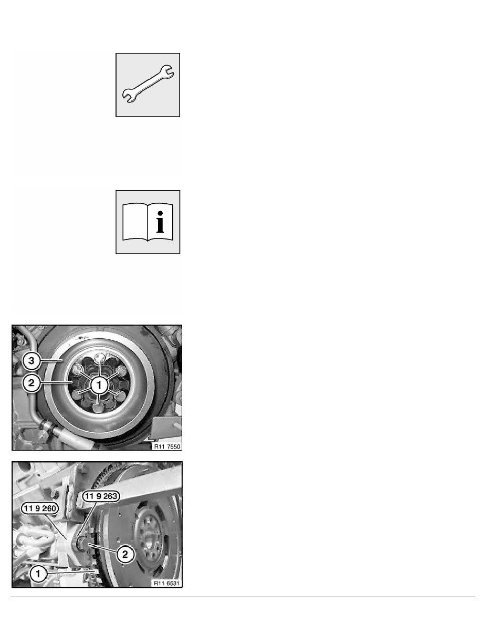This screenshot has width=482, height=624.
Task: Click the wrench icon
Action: pyautogui.click(x=148, y=84)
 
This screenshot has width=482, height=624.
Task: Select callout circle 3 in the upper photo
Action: pyautogui.click(x=32, y=361)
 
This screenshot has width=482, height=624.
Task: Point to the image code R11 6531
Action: pyautogui.click(x=166, y=583)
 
